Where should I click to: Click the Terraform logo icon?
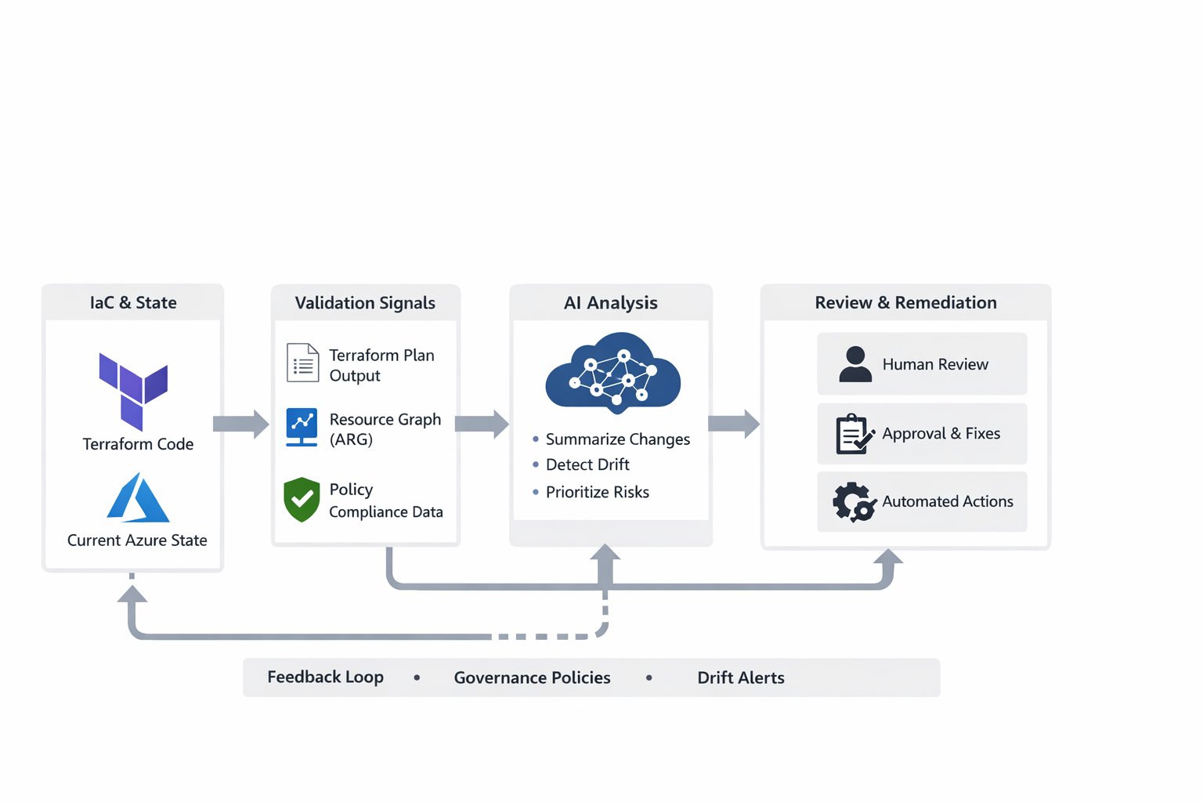click(x=133, y=390)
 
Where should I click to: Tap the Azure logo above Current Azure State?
click(x=138, y=498)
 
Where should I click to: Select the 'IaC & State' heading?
click(x=133, y=302)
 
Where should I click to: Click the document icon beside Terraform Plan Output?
click(x=302, y=363)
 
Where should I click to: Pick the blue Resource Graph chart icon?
click(x=302, y=427)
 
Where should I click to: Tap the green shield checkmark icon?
click(x=302, y=499)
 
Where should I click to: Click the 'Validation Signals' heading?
click(x=365, y=303)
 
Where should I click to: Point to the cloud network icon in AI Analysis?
click(x=612, y=373)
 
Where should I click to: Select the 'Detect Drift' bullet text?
click(x=587, y=464)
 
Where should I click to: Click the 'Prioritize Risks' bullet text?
click(x=598, y=492)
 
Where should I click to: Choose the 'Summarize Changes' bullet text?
click(x=618, y=439)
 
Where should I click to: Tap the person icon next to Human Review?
click(x=855, y=364)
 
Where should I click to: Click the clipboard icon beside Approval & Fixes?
click(x=854, y=434)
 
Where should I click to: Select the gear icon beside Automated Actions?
click(x=854, y=502)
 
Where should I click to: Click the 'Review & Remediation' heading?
click(x=905, y=302)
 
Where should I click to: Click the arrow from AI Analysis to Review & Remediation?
click(x=734, y=424)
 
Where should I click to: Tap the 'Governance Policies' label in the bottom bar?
click(x=532, y=677)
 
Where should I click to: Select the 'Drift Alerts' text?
click(x=741, y=677)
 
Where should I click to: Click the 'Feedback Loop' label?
click(x=325, y=677)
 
